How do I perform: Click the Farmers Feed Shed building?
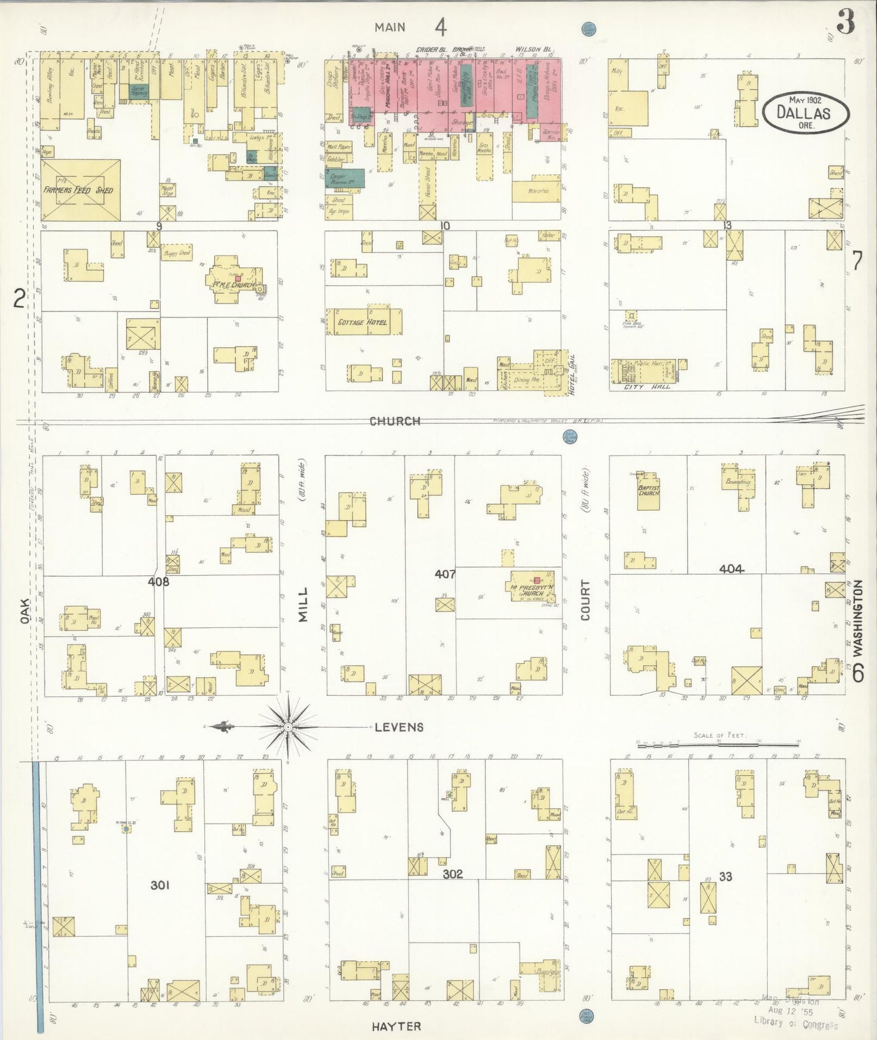pos(80,190)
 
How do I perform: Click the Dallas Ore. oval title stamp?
pos(806,113)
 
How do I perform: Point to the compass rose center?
pos(288,726)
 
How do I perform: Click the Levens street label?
pos(399,727)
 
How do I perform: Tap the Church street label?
pos(395,420)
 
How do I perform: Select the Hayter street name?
pos(396,1026)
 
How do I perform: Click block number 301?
pos(160,885)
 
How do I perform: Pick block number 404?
pos(731,569)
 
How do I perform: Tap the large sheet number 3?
pos(845,23)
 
